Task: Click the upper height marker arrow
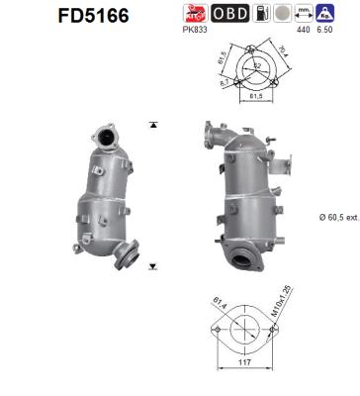coord(152,125)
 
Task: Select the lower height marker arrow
coord(152,266)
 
